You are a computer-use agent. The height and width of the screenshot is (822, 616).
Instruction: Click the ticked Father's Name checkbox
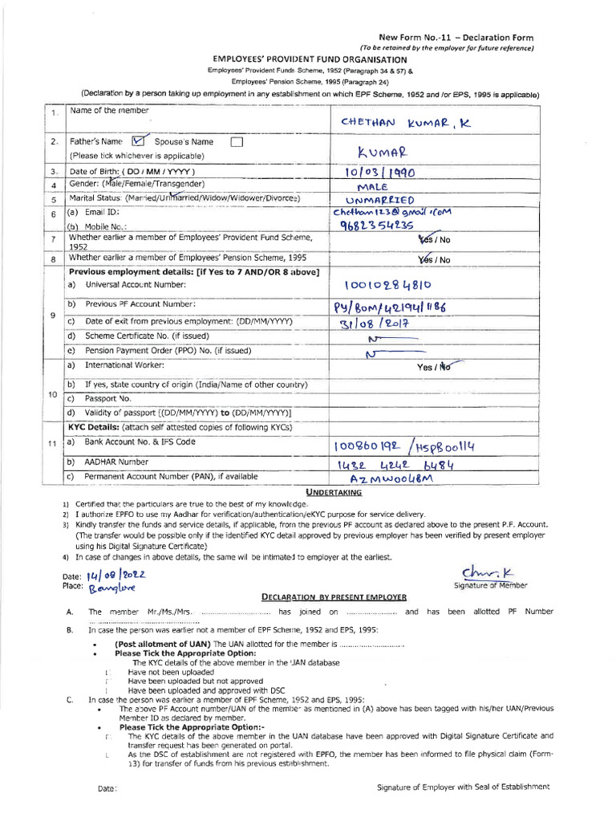136,141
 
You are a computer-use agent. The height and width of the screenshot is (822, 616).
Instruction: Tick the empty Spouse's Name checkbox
236,142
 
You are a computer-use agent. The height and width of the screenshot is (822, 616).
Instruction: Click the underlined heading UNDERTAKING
311,491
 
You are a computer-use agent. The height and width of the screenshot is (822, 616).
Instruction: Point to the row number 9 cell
53,315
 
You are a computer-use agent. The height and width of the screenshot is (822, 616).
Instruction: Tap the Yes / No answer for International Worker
434,367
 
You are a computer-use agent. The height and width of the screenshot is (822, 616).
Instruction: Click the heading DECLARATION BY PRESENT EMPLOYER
334,597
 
